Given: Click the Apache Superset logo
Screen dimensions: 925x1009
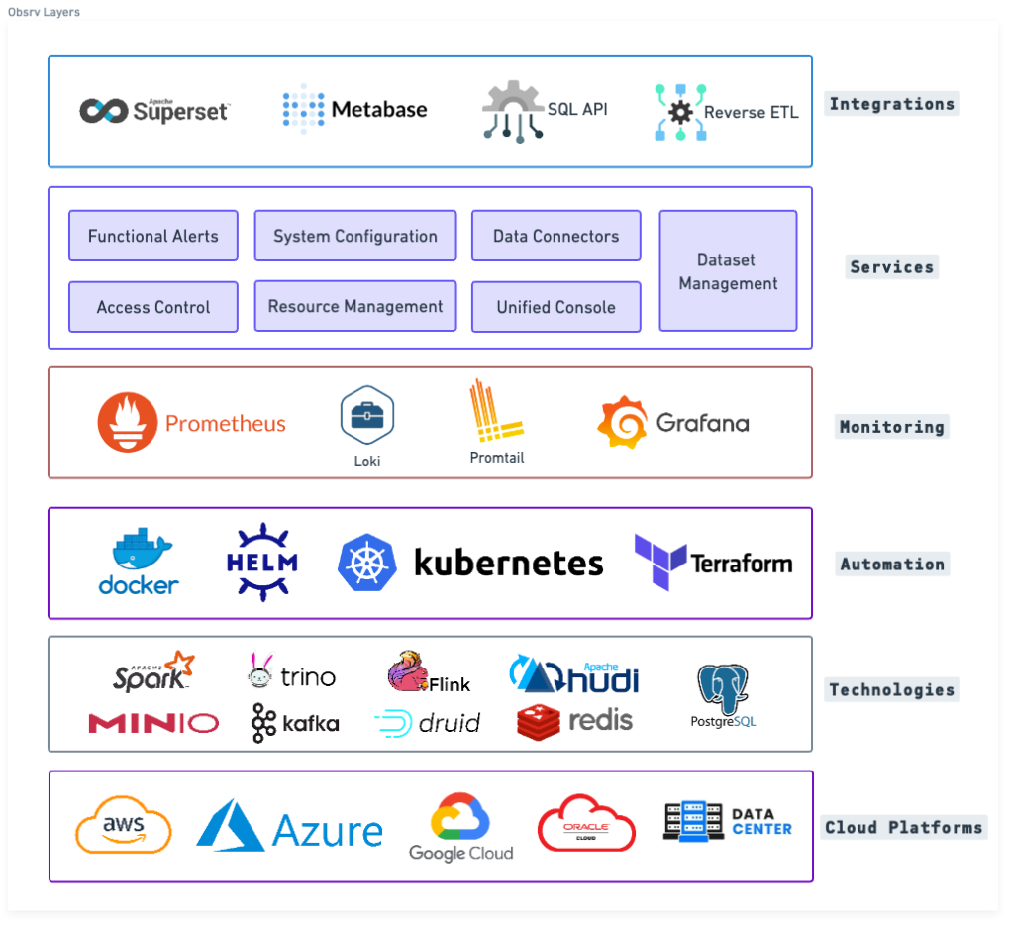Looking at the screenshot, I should [x=154, y=111].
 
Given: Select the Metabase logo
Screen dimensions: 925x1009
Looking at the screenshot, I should [x=354, y=109].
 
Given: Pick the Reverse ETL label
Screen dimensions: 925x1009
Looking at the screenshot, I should [x=751, y=112].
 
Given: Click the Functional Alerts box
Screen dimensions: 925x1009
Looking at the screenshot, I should [x=153, y=236].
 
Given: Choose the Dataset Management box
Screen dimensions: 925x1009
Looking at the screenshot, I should [x=728, y=271].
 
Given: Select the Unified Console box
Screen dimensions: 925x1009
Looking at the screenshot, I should [x=555, y=307].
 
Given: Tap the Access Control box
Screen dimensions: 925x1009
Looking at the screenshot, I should [x=153, y=307].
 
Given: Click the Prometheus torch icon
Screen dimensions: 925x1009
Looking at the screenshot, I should [x=128, y=423].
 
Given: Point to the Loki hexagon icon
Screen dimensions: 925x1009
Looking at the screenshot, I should [x=367, y=415].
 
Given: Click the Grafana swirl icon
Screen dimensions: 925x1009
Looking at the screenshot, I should [x=622, y=423].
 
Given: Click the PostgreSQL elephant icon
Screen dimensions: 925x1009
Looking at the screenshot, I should [x=723, y=689].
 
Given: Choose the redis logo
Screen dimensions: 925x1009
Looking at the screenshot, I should [x=574, y=721].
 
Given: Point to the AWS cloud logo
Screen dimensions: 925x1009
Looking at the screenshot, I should [x=124, y=824].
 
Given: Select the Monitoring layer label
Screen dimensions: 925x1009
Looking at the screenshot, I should [x=891, y=427].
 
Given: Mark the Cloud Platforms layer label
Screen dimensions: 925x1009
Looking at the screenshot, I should [x=903, y=827].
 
